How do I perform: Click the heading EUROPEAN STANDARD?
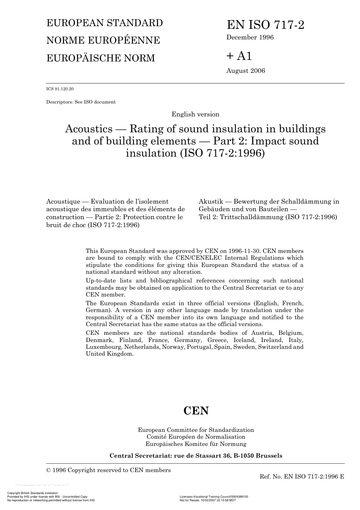tap(104, 23)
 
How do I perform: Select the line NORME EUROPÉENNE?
tap(103, 41)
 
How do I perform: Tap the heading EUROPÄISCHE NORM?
tap(100, 58)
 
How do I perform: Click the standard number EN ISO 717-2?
tap(265, 25)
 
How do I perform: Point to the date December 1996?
tap(250, 37)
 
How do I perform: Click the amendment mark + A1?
tap(239, 56)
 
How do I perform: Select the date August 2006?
tap(246, 71)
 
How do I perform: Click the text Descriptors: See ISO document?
tap(81, 102)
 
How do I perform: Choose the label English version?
tap(195, 114)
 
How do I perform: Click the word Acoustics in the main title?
tap(89, 129)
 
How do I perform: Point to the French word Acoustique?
tap(63, 202)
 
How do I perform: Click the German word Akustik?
tap(211, 202)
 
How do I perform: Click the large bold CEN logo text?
tap(196, 411)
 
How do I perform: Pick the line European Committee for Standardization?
tap(196, 430)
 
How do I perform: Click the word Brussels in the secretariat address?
tap(269, 456)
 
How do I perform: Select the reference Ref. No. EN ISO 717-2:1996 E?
tap(302, 477)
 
